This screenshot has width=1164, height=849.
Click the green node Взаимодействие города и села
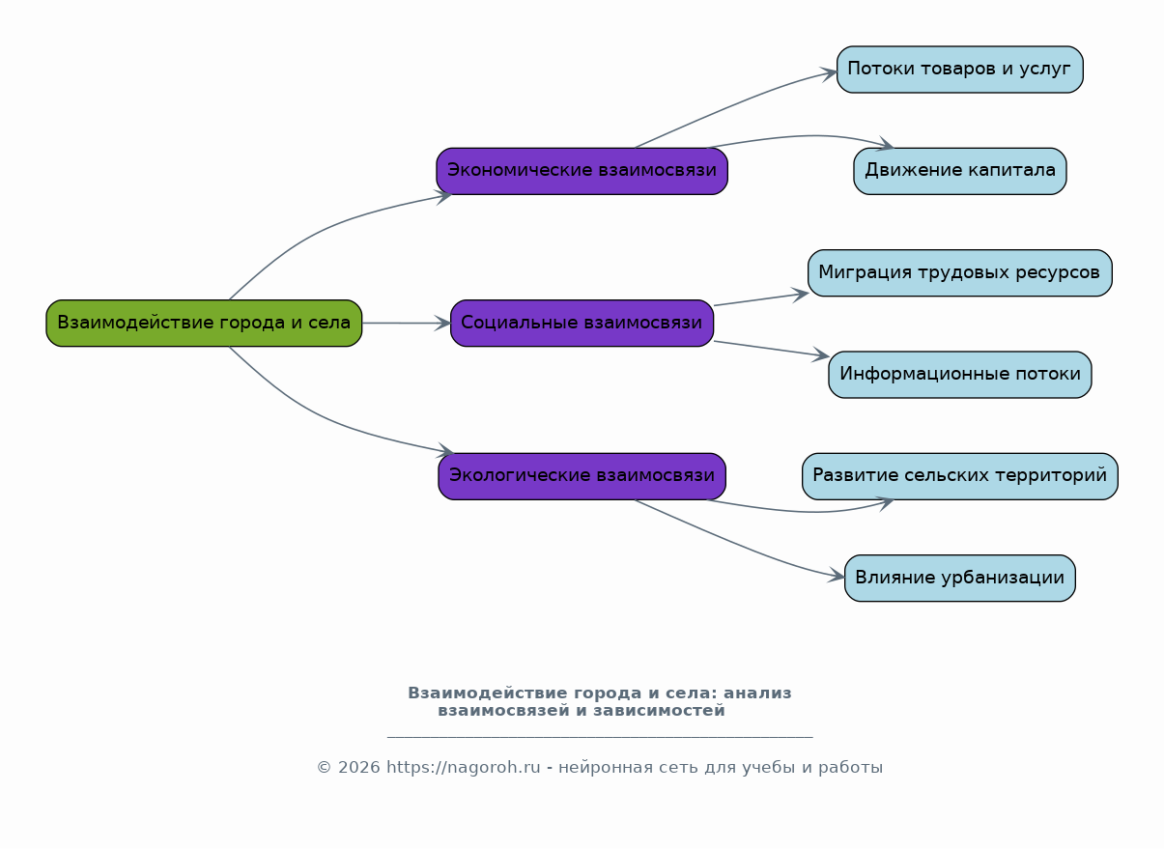[x=204, y=323]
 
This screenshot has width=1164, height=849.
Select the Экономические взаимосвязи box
[x=582, y=171]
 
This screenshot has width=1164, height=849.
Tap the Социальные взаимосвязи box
[x=582, y=323]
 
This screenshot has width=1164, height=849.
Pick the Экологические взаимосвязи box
[x=582, y=476]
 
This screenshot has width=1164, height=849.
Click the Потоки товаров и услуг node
[x=959, y=70]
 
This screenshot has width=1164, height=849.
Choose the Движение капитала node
[x=959, y=171]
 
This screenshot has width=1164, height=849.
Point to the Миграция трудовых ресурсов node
[x=959, y=272]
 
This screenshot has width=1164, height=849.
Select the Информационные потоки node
[x=959, y=375]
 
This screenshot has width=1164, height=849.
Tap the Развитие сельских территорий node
[x=959, y=476]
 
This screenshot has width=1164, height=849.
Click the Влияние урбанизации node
[x=959, y=578]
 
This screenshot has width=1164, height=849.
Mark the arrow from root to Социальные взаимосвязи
[x=406, y=323]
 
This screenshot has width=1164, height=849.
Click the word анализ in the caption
[x=757, y=693]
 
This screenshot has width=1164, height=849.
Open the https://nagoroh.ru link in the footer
[x=463, y=768]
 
